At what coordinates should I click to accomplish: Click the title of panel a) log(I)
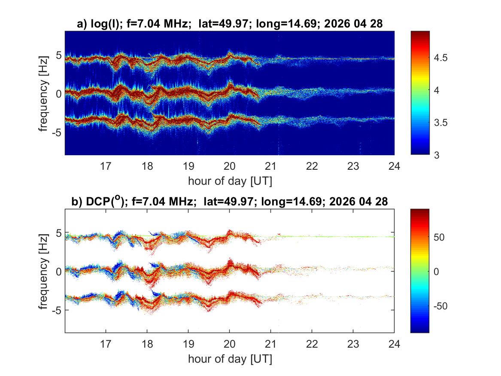(x=230, y=24)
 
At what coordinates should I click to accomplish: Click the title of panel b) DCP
(x=229, y=201)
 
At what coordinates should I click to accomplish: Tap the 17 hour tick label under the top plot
(x=106, y=166)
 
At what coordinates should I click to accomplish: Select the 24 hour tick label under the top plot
(x=394, y=166)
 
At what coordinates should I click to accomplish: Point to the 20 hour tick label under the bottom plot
(x=229, y=344)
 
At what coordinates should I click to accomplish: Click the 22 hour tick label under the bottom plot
(x=312, y=344)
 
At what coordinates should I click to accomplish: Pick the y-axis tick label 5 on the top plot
(x=58, y=55)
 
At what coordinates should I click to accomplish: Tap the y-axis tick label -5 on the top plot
(x=57, y=132)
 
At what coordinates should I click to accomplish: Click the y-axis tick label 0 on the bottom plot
(x=58, y=272)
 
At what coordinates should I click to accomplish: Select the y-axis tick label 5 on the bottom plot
(x=58, y=233)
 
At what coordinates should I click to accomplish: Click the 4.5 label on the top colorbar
(x=440, y=58)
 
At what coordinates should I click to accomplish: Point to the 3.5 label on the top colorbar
(x=440, y=123)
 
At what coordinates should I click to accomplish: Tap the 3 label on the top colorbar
(x=437, y=156)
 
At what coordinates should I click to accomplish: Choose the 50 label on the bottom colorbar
(x=439, y=237)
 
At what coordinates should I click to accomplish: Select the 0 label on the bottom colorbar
(x=437, y=272)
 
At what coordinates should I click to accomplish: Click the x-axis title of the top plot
(x=230, y=181)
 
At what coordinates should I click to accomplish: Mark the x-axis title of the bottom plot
(x=230, y=359)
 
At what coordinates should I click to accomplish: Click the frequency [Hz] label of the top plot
(x=43, y=94)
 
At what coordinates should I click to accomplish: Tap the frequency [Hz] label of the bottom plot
(x=43, y=272)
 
